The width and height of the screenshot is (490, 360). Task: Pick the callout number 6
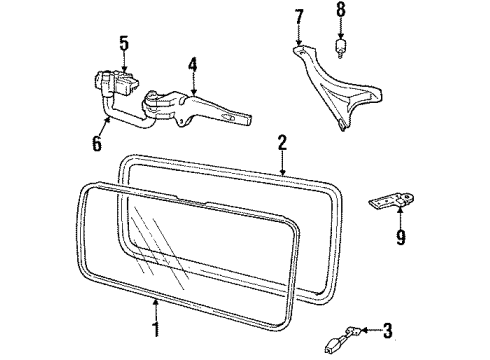(97, 143)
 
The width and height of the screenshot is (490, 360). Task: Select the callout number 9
(400, 239)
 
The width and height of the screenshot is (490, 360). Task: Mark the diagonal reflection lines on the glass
(150, 240)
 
